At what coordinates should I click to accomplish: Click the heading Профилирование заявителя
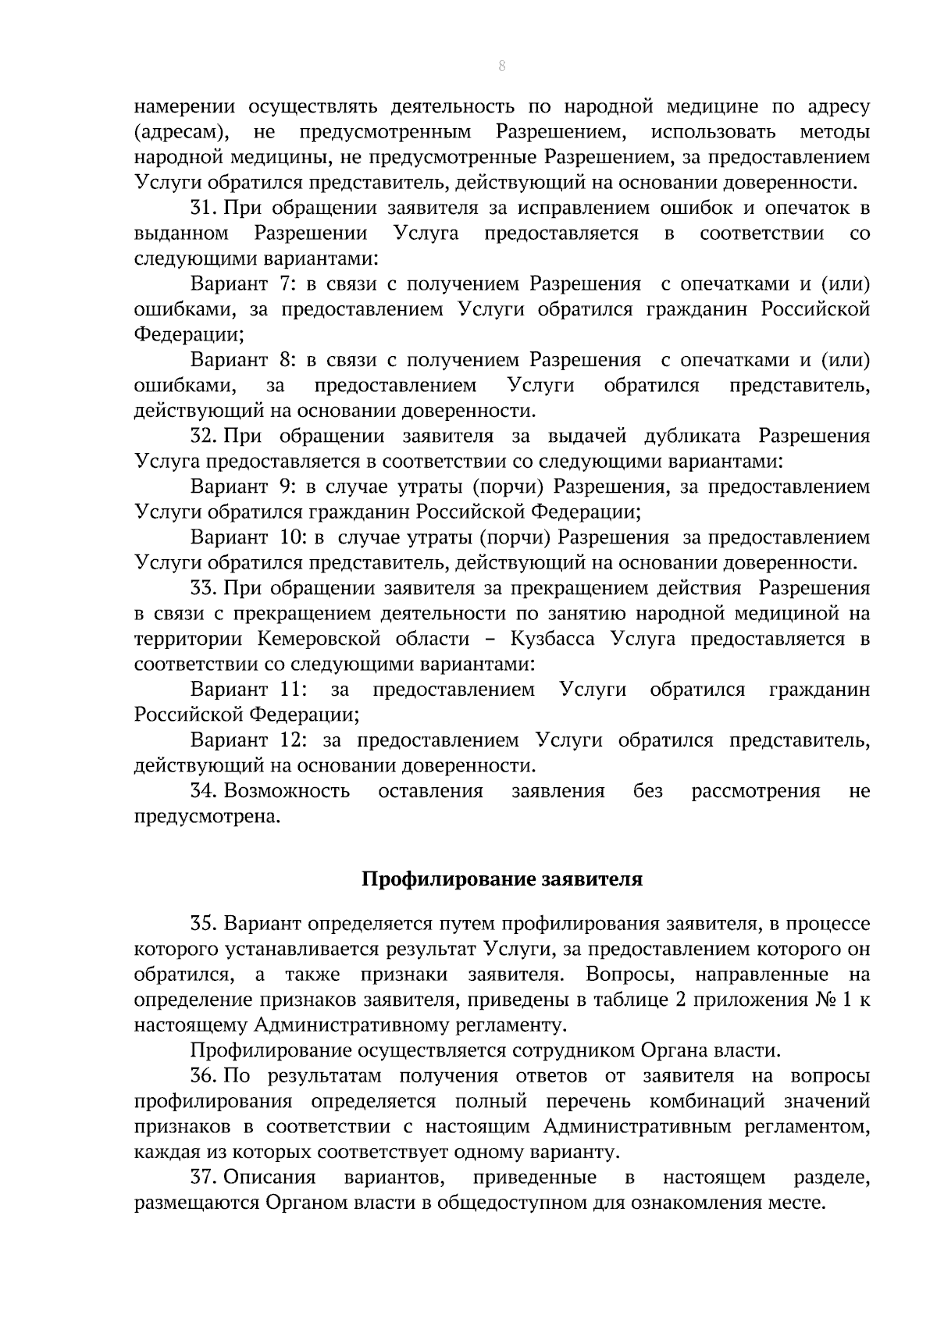coord(502,879)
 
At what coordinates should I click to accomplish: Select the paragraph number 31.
coord(205,209)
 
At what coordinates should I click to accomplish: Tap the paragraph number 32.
coord(205,436)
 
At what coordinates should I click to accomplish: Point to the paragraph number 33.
coord(205,587)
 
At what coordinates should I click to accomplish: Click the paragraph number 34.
coord(205,791)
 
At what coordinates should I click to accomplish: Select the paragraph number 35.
coord(205,925)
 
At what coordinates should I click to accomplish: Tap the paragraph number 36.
coord(205,1076)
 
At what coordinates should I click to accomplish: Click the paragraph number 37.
coord(205,1178)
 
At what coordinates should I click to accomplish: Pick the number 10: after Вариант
coord(290,537)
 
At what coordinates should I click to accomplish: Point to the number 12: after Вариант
coord(291,740)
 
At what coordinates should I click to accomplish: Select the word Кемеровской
coord(318,640)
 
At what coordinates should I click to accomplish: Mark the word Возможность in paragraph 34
coord(287,791)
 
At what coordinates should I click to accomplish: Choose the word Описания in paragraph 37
coord(270,1178)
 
